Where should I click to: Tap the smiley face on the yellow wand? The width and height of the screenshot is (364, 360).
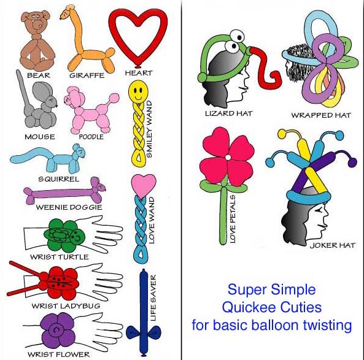138,91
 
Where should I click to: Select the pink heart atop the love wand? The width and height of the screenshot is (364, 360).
144,185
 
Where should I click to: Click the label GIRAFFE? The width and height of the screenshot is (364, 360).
87,75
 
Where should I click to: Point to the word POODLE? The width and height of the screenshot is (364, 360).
91,137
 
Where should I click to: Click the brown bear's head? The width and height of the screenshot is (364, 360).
36,23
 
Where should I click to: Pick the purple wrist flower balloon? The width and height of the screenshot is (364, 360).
58,330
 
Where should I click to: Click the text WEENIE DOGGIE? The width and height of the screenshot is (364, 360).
69,207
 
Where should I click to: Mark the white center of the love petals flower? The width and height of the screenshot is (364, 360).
228,158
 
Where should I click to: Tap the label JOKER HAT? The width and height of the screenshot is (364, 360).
333,245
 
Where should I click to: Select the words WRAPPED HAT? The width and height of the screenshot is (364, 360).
321,115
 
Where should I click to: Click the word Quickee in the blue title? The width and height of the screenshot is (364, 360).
249,308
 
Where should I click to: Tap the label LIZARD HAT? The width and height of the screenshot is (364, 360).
229,113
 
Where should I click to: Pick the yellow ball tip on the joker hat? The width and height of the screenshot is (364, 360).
282,133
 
